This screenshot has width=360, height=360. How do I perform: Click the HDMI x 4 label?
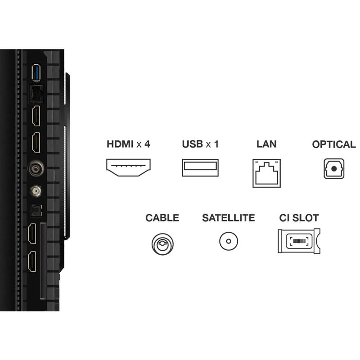point(128,144)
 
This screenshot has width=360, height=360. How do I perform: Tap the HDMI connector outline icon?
point(128,167)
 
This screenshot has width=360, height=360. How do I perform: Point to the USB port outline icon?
point(200,167)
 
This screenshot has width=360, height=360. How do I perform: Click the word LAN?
point(266,144)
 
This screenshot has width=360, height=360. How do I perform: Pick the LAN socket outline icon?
point(266,172)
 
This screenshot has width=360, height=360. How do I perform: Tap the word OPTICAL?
point(334,144)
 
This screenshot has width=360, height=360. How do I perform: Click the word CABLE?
point(162,218)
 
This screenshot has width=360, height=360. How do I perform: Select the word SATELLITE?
point(228,218)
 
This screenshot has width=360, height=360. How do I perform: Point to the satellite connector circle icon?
point(228,241)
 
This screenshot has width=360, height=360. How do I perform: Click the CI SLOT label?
point(299,218)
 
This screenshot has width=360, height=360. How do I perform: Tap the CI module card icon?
point(299,241)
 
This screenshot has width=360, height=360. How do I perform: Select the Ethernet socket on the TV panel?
point(36,93)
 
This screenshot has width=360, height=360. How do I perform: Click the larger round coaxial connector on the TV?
point(35,169)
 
